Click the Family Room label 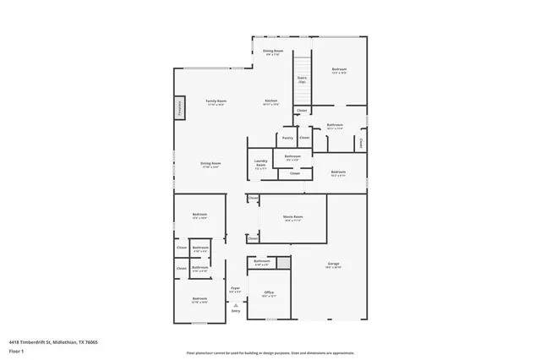click(x=216, y=101)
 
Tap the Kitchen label click(x=271, y=101)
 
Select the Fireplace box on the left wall click(x=180, y=107)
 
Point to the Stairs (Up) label click(x=302, y=80)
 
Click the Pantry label click(x=287, y=137)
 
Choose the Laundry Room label click(x=261, y=165)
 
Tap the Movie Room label click(x=292, y=218)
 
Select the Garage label click(x=334, y=265)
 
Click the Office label click(x=269, y=294)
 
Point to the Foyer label click(x=235, y=289)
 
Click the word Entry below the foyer click(x=235, y=311)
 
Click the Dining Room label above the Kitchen click(x=272, y=52)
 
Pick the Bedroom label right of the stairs click(x=339, y=70)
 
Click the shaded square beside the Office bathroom click(x=283, y=264)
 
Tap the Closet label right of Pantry click(x=304, y=137)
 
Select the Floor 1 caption click(x=15, y=350)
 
